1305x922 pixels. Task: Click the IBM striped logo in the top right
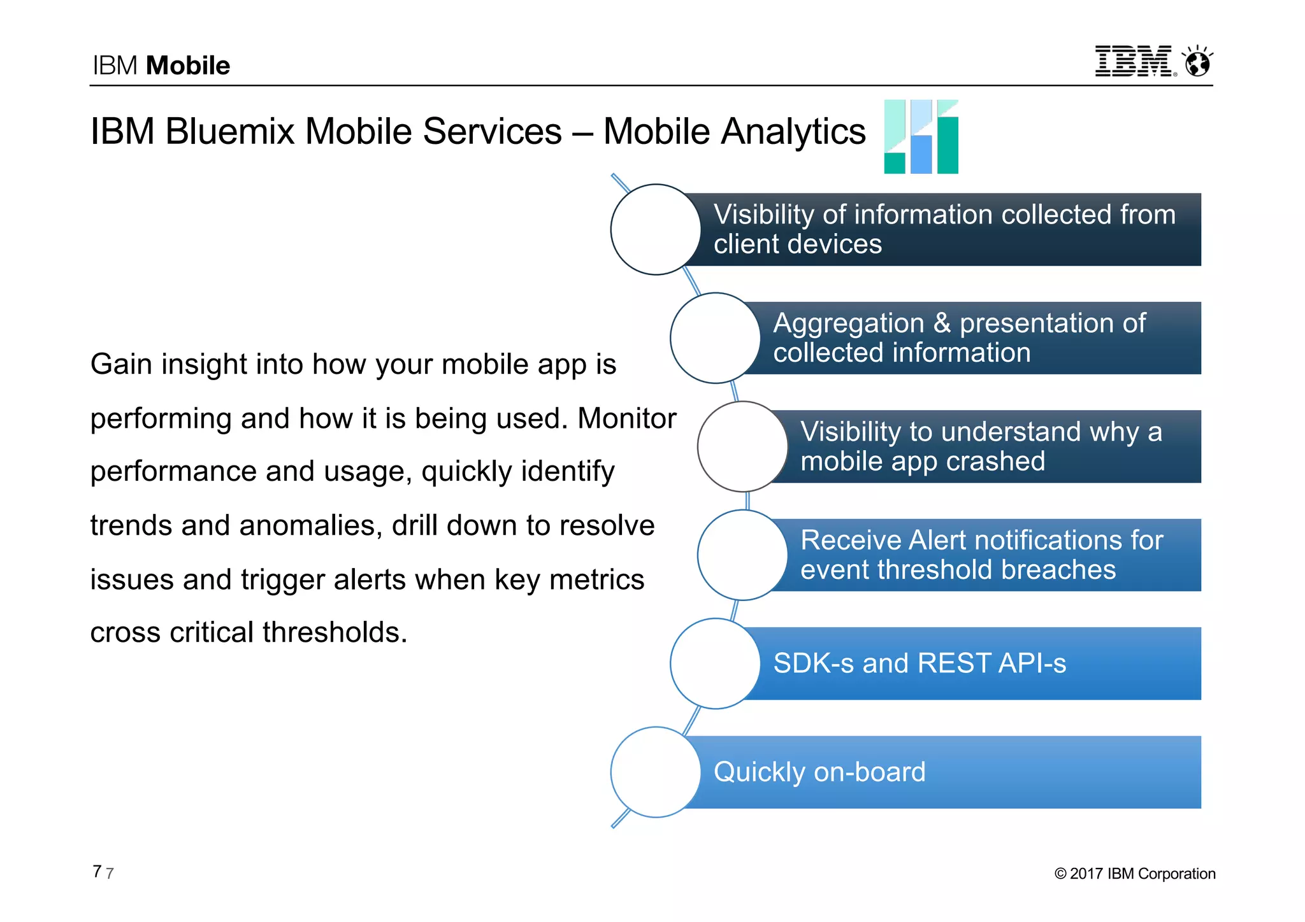1133,61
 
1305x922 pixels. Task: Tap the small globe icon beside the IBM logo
1197,62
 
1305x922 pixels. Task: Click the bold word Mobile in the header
187,66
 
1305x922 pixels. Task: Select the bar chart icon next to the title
921,136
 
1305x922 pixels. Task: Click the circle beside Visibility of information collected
656,230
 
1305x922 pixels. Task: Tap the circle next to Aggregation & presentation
715,338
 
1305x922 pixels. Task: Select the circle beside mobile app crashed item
742,446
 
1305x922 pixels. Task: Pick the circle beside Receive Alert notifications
742,555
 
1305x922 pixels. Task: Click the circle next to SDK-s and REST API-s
715,663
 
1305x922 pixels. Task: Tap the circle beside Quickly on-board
656,772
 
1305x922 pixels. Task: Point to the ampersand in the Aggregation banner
942,323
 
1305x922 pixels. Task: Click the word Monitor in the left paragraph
626,418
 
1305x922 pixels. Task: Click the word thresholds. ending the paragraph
335,632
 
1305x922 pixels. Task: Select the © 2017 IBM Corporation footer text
1135,874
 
